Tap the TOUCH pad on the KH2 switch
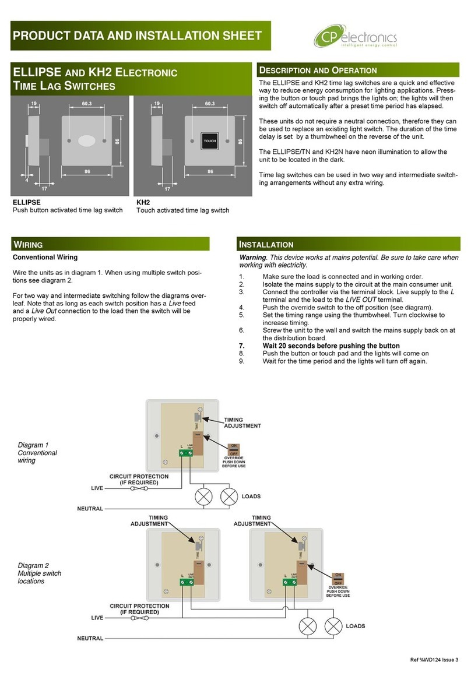coord(209,142)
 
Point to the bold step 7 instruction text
coord(331,346)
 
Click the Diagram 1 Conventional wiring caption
coord(37,452)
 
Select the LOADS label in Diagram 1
coord(251,497)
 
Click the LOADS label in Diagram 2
coord(355,626)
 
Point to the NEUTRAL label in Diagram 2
coord(90,638)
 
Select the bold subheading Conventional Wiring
coord(45,257)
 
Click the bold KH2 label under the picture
coord(143,202)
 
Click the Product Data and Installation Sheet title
coord(137,36)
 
